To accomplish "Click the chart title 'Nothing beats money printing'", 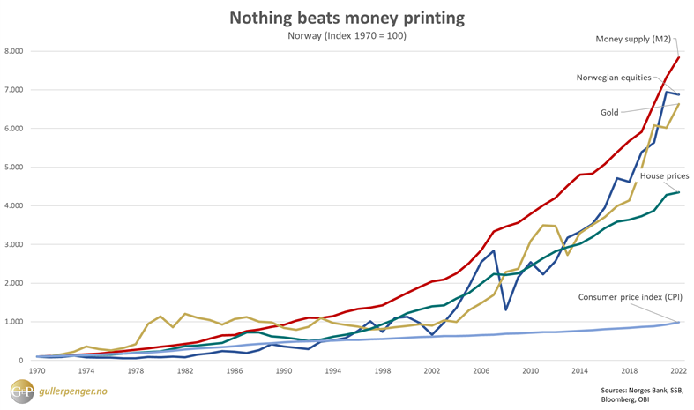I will [347, 18].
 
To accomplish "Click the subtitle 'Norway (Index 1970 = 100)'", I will [347, 36].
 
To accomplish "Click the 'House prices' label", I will [664, 176].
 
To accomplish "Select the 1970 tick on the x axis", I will [37, 372].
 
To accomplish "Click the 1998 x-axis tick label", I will [381, 372].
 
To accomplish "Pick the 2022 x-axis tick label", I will [677, 372].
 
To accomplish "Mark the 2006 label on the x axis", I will [481, 372].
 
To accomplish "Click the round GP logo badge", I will [20, 391].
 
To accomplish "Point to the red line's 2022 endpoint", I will [678, 57].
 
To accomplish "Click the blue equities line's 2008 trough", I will [506, 309].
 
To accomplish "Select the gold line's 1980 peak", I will [160, 316].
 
